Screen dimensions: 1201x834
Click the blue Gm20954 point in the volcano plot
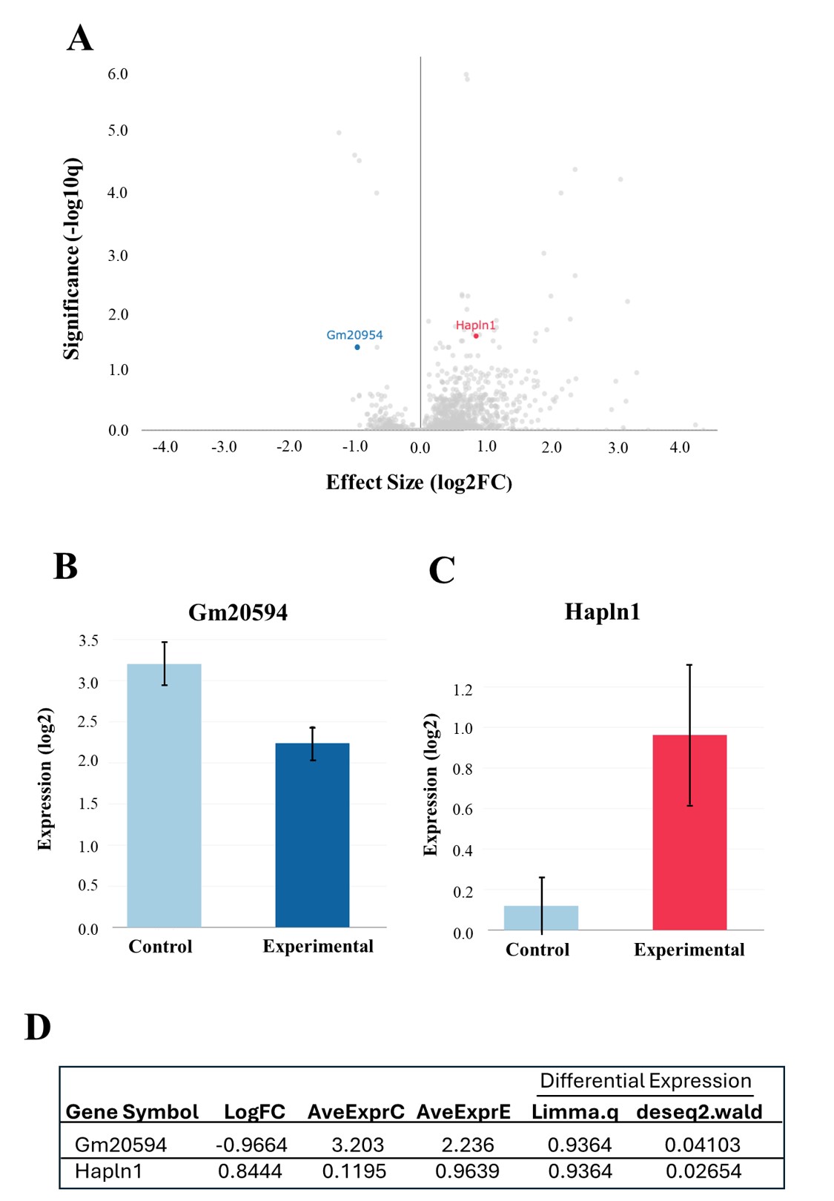click(357, 347)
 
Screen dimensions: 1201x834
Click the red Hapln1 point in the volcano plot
click(476, 336)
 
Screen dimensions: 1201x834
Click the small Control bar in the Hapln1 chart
click(541, 918)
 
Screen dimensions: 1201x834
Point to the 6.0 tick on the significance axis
click(118, 74)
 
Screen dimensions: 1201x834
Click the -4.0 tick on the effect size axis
click(165, 447)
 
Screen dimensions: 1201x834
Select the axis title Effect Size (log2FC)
click(419, 483)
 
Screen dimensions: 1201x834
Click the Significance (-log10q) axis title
click(71, 259)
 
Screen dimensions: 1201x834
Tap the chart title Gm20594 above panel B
click(238, 612)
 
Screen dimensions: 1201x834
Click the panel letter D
click(38, 1028)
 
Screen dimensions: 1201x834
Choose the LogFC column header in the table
click(254, 1112)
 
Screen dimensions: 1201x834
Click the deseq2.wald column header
click(699, 1112)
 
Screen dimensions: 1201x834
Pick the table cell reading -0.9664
click(251, 1145)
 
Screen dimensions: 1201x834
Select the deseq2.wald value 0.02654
click(703, 1171)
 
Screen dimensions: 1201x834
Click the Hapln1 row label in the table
click(108, 1171)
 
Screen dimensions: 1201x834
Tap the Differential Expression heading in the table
click(645, 1081)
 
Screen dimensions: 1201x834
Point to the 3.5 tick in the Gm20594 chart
click(88, 641)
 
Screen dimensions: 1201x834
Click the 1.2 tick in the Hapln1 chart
click(463, 690)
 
